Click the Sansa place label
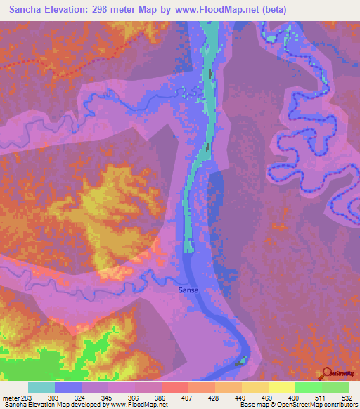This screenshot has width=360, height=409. pos(187,290)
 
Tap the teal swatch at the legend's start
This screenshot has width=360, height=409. pos(41,388)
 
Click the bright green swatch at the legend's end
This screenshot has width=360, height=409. pos(335,388)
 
